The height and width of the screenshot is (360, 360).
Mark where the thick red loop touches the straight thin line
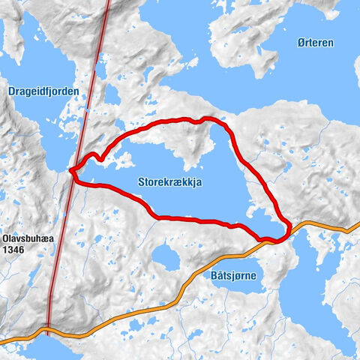pyautogui.click(x=72, y=171)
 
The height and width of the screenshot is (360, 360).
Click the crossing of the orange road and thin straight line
pyautogui.click(x=48, y=327)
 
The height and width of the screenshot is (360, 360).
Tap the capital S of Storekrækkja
pyautogui.click(x=142, y=181)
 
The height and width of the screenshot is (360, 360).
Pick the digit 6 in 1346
pyautogui.click(x=23, y=244)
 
